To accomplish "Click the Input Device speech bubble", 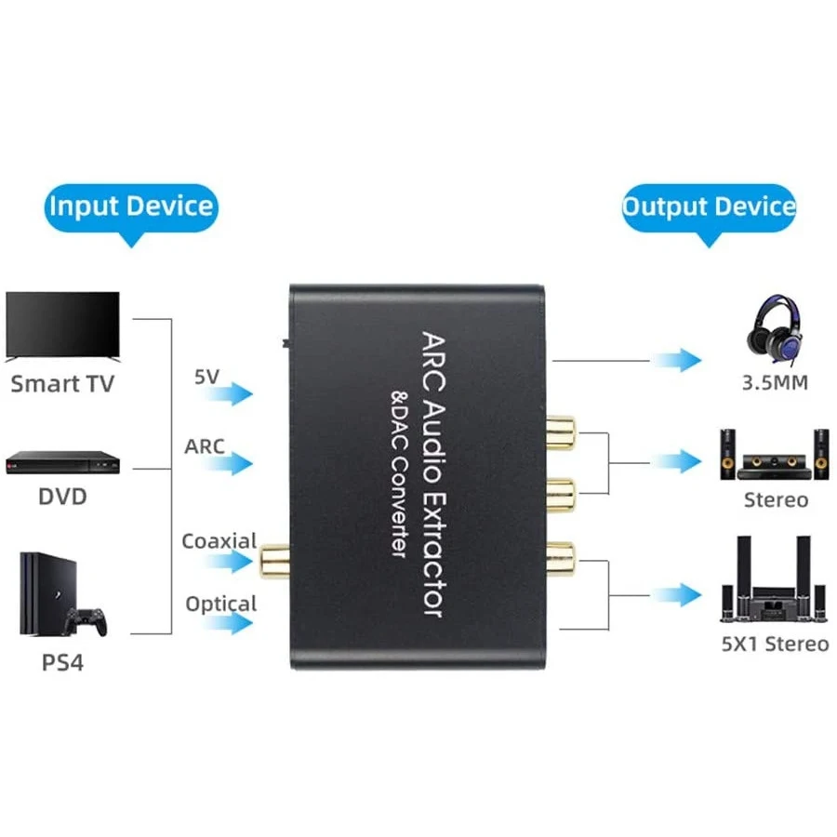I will tap(130, 206).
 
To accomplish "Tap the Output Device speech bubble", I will tap(709, 206).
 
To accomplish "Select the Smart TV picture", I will tap(63, 325).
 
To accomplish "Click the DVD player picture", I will tap(63, 462).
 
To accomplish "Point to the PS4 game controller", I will tap(90, 620).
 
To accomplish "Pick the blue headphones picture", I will tap(775, 331).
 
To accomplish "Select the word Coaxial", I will tap(219, 540).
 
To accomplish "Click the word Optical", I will tap(220, 604).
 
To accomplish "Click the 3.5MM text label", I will tap(775, 381).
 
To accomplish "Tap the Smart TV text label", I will tap(63, 383).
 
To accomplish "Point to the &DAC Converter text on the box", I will tap(397, 475).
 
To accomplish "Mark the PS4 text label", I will tap(63, 664).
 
